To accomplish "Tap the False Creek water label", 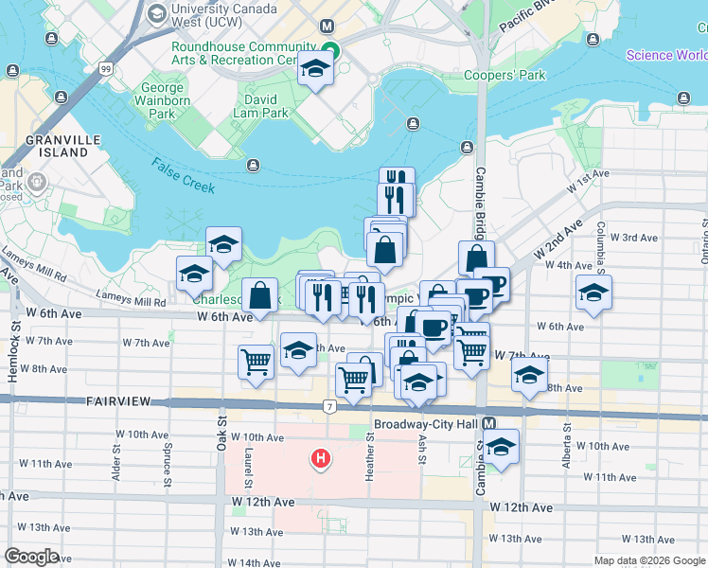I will [183, 175].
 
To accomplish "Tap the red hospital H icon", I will [322, 460].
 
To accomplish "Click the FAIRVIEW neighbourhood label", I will [118, 401].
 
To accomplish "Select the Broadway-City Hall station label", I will [426, 424].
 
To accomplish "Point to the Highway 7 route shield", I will [329, 407].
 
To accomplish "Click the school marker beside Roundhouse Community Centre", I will [315, 70].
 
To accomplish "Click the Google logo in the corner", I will [31, 556].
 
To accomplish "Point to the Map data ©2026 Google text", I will [649, 560].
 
